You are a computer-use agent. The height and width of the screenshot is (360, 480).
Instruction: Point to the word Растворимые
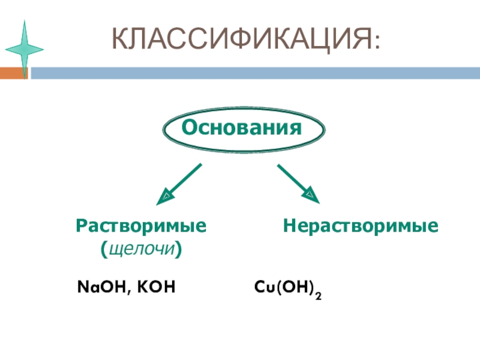[x=142, y=226]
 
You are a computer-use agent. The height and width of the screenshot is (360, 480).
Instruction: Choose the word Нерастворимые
[x=361, y=226]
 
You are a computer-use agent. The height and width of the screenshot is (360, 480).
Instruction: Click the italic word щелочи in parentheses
[x=142, y=247]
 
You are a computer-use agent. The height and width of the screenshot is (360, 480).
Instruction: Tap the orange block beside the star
[x=12, y=73]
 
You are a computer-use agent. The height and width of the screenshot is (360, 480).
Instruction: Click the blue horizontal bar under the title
[x=252, y=73]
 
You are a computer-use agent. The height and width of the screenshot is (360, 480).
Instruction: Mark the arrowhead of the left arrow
[x=164, y=196]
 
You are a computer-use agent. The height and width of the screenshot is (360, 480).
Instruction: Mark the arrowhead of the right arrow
[x=311, y=195]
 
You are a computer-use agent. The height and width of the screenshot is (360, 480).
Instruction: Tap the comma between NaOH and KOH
[x=130, y=292]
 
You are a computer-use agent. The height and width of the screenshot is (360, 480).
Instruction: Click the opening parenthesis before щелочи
[x=104, y=248]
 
